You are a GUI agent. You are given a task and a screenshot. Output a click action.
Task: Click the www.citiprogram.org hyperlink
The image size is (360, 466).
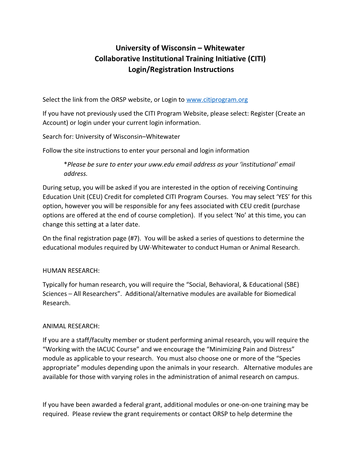(x=217, y=100)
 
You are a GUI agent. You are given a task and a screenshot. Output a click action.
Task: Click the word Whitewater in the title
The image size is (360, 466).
(x=224, y=48)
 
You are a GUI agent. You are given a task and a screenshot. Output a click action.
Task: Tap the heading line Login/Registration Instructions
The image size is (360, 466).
(x=181, y=70)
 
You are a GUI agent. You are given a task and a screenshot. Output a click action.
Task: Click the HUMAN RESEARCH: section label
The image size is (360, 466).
(x=71, y=271)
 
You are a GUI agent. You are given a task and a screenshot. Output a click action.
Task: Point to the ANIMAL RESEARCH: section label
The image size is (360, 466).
(x=71, y=326)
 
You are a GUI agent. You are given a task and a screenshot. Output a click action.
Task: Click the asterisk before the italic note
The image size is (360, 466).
(x=65, y=164)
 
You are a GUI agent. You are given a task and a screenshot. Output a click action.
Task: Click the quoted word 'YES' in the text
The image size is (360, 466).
(x=283, y=197)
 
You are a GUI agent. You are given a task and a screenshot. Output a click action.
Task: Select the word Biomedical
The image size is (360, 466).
(x=280, y=294)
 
